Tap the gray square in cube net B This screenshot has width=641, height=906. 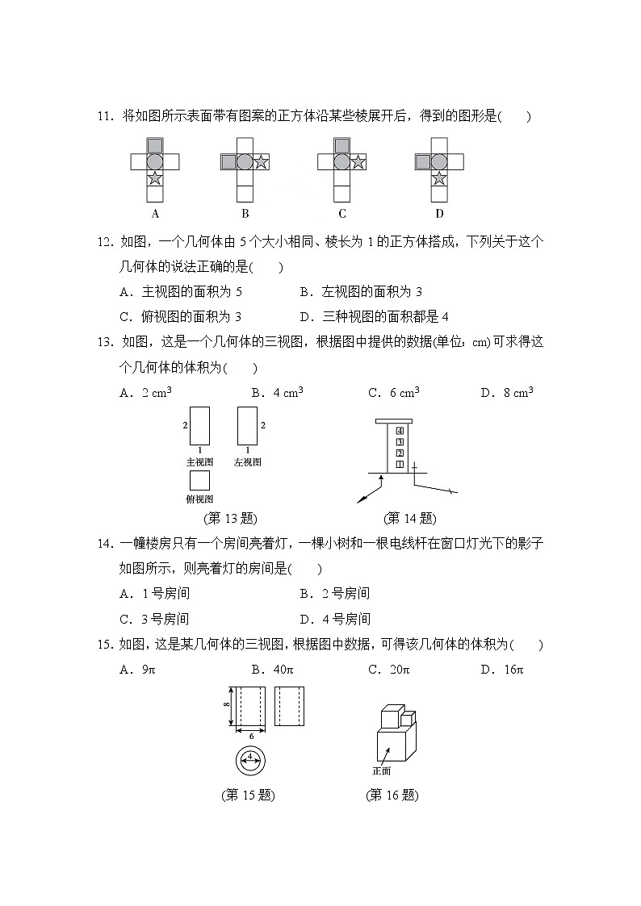tap(228, 162)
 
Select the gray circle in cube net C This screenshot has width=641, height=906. tap(341, 162)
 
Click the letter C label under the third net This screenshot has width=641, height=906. tap(342, 214)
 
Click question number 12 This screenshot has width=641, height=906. tap(104, 242)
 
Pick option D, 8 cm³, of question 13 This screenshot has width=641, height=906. tap(507, 393)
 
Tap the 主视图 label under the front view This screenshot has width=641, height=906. tap(199, 462)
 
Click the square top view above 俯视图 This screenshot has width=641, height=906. tap(199, 481)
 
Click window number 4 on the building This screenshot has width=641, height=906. tap(399, 430)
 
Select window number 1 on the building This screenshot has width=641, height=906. tap(399, 464)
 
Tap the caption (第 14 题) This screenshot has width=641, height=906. tap(409, 518)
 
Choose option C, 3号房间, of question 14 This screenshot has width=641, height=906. tap(153, 620)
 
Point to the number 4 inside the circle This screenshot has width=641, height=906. tap(250, 756)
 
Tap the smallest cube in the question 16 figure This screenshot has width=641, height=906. tap(408, 717)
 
